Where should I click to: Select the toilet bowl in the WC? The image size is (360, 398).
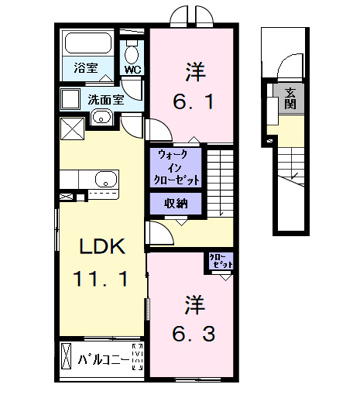[x=132, y=53]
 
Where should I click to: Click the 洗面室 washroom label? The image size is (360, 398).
[x=105, y=99]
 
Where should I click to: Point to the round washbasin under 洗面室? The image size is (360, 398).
[x=101, y=118]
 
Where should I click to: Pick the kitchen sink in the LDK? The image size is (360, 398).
[x=104, y=180]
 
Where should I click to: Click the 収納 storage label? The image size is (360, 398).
[x=175, y=204]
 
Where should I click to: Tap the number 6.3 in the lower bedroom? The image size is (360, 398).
[x=194, y=335]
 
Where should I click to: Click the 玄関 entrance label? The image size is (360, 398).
[x=290, y=98]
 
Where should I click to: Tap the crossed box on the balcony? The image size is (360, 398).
[x=67, y=360]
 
